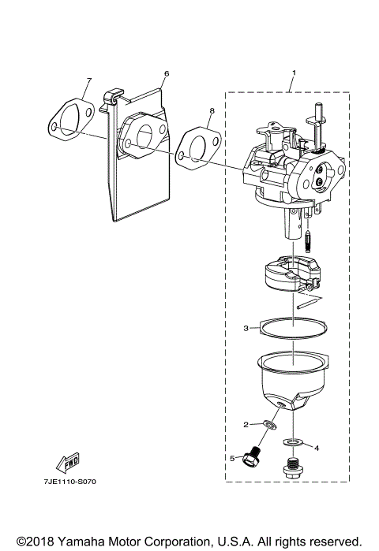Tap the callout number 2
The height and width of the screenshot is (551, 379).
(x=246, y=424)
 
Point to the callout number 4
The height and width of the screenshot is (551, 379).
(x=317, y=448)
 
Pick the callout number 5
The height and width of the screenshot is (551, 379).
(x=232, y=458)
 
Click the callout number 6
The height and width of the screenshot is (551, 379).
(x=167, y=73)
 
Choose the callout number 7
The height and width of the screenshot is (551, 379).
(x=88, y=80)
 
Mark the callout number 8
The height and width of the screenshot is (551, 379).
(x=211, y=111)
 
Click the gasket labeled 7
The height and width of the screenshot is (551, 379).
(x=74, y=119)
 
